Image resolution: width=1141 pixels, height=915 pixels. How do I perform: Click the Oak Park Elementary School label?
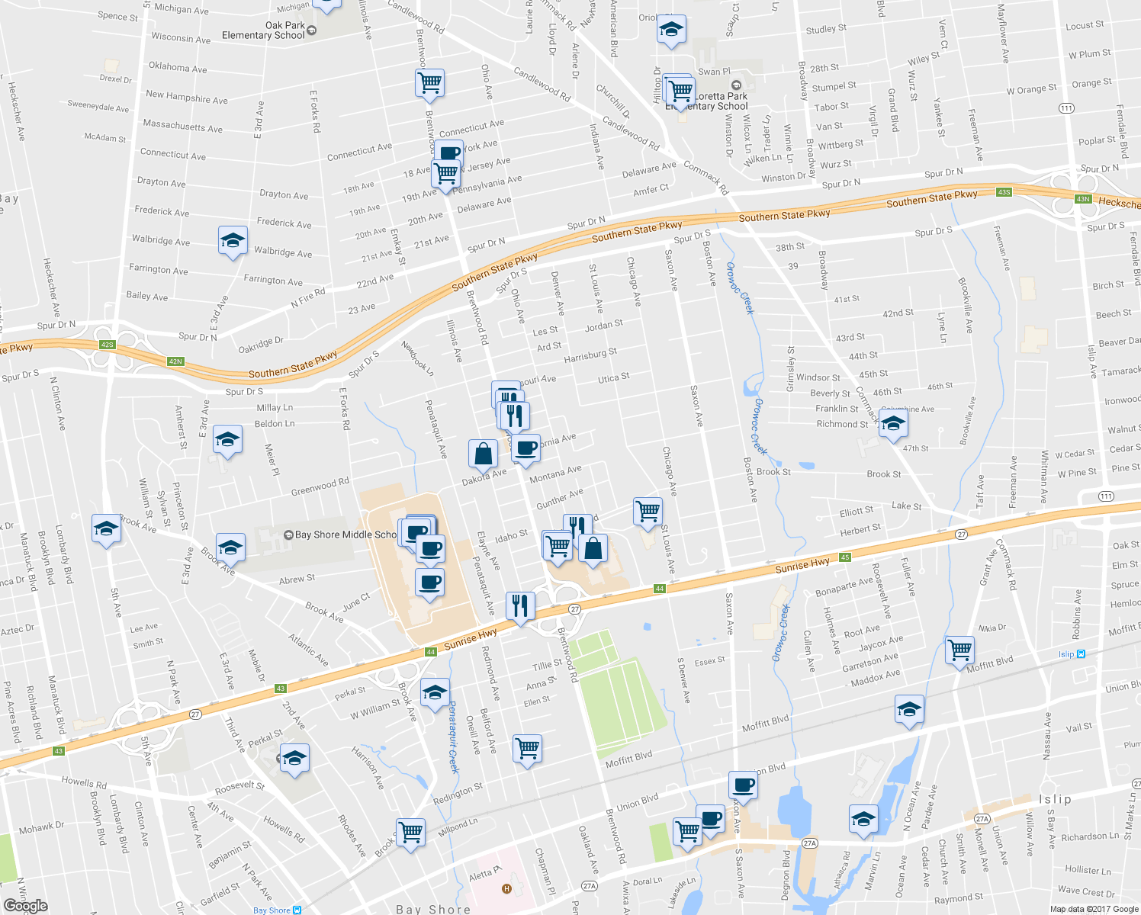coord(263,30)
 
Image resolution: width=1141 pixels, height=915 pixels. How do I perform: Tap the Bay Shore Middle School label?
coord(345,535)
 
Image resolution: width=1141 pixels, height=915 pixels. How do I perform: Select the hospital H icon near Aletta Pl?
coord(506,889)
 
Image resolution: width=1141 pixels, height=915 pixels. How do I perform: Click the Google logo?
coord(25,906)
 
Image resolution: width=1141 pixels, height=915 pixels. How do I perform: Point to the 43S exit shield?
coord(1004,192)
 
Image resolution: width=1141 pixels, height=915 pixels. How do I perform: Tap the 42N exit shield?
coord(175,361)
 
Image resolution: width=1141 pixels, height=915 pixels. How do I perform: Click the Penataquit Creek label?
coord(453,737)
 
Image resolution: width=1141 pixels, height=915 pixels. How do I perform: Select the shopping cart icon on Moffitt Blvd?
coord(959,650)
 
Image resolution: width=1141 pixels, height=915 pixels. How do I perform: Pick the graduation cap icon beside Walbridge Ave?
coord(233,241)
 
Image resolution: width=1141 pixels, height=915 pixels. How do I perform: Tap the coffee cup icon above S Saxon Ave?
coord(742,785)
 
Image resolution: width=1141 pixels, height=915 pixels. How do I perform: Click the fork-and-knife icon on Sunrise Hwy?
coord(520,605)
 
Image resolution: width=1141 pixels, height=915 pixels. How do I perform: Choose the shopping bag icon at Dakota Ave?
coord(484,454)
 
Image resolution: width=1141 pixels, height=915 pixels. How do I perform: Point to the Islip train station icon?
coord(1081,654)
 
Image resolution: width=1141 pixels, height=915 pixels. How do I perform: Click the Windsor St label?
coord(818,377)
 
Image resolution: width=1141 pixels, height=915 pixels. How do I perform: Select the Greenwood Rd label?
coord(320,486)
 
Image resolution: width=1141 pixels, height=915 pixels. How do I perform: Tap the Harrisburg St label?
coord(590,355)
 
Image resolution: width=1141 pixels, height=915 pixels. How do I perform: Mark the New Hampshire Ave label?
coord(187,97)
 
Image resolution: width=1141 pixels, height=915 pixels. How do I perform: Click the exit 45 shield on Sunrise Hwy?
coord(845,557)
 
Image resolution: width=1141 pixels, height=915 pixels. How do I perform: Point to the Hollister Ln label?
coord(1088,870)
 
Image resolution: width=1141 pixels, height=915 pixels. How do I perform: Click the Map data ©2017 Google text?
coord(1093,909)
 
